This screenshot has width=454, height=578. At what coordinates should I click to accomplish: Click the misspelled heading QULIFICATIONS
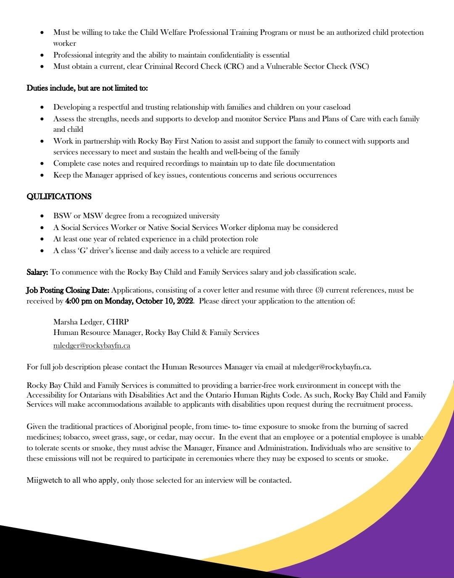(59, 196)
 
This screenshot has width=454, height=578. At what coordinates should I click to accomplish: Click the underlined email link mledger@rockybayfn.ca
(92, 345)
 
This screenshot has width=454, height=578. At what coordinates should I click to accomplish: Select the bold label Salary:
(37, 272)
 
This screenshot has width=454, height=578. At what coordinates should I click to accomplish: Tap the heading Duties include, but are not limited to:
(87, 88)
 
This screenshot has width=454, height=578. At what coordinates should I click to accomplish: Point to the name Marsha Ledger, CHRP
(91, 322)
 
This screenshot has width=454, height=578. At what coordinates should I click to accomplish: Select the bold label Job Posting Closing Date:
(68, 290)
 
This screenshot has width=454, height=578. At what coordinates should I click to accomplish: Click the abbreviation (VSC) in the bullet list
(359, 66)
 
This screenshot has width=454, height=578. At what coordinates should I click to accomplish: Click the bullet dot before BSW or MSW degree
(42, 216)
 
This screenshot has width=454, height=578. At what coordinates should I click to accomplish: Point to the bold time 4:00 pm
(79, 301)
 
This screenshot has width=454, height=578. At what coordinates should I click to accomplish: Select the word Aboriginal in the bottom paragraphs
(151, 426)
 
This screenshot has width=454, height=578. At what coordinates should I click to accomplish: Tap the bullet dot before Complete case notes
(42, 164)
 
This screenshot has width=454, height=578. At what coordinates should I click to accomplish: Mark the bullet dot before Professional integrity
(42, 55)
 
